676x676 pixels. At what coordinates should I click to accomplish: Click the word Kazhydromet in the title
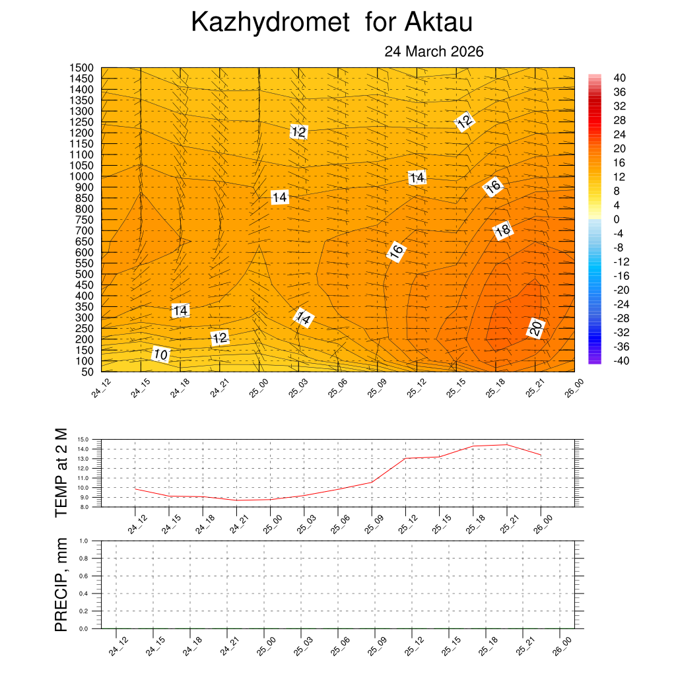pos(269,22)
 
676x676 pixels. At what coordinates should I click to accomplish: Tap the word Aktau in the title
pos(438,22)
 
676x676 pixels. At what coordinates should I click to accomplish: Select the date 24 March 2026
pos(434,51)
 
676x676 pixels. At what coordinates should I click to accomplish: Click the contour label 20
pos(536,327)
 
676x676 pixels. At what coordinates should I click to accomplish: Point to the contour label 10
pos(161,355)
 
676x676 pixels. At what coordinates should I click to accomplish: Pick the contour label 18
pos(502,230)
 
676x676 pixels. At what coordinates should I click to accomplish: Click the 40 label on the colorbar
pos(619,78)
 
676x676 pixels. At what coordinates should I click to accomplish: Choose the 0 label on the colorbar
pos(617,219)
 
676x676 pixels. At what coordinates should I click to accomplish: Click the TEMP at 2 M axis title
pos(61,472)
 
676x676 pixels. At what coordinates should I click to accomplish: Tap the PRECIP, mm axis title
pos(61,584)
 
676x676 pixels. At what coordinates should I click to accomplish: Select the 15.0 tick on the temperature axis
pos(83,439)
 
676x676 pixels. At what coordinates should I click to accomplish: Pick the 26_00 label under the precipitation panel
pos(562,646)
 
